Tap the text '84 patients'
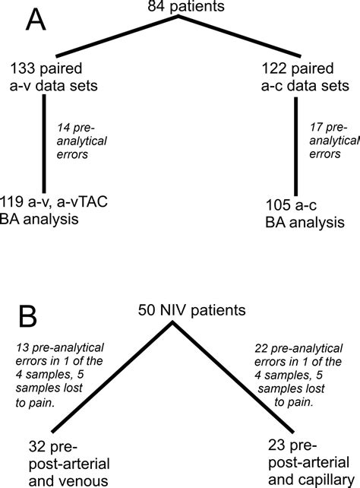(x=180, y=8)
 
